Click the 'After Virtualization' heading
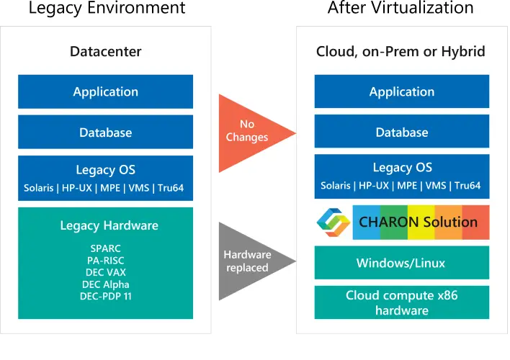point(401,9)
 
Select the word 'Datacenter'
point(105,52)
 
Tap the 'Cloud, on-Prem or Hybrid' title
point(401,52)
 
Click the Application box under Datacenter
point(105,91)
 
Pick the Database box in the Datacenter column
point(105,132)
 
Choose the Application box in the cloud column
point(401,91)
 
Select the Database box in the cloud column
point(401,132)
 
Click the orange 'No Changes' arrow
point(249,132)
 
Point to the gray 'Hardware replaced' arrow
point(249,261)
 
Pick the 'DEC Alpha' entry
point(106,284)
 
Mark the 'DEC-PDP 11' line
point(106,297)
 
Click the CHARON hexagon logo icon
point(334,222)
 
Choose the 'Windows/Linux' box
point(401,263)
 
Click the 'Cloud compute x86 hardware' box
point(401,303)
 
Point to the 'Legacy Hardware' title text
point(106,225)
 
